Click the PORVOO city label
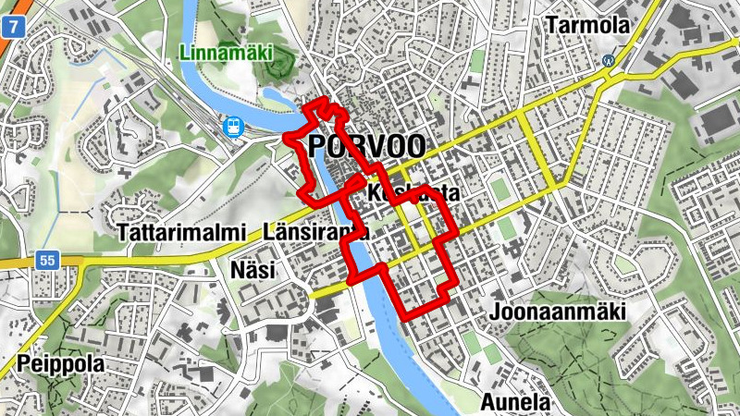tap(366, 146)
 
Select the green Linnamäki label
tap(228, 53)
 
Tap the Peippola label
tap(60, 365)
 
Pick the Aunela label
tap(515, 403)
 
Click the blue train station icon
tap(234, 126)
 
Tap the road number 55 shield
tap(47, 262)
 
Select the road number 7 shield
tap(12, 27)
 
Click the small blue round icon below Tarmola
tap(609, 61)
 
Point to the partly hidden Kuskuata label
tap(413, 194)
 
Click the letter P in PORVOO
tap(318, 146)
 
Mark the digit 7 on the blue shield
tap(12, 27)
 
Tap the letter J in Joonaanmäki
tap(497, 311)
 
